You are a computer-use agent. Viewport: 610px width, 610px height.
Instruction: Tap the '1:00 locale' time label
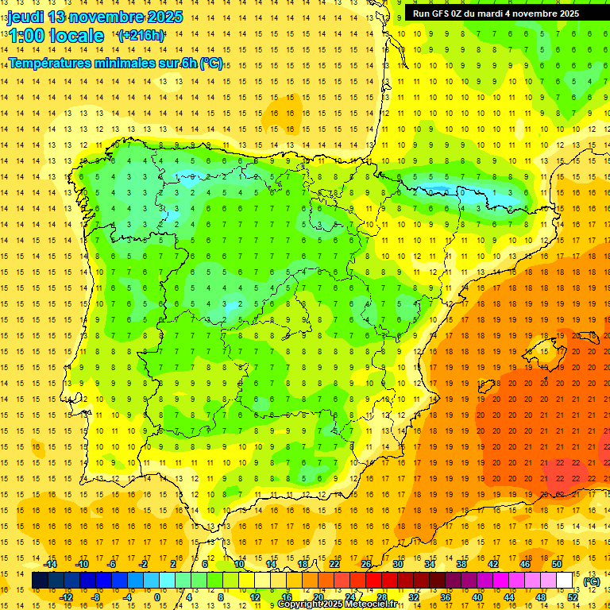coord(56,36)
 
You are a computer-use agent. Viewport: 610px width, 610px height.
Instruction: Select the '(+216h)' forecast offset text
coord(141,36)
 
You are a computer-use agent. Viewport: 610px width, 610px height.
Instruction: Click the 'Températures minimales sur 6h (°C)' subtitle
coord(116,64)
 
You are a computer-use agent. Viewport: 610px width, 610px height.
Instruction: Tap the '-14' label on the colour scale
coord(51,564)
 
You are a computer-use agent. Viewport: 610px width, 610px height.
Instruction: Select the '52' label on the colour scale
coord(573,597)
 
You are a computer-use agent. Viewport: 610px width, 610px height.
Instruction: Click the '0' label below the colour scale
coord(157,597)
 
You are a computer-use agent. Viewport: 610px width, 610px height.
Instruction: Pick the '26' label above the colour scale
coord(366,564)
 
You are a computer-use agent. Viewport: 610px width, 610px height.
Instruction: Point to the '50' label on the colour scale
coord(557,564)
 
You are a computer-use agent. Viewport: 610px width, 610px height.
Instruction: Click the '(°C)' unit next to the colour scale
coord(592,581)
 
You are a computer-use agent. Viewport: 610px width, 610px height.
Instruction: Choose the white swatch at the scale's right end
coord(565,581)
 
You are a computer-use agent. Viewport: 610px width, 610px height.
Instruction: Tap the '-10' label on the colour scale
coord(82,564)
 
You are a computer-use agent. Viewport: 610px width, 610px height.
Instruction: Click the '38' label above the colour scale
coord(461,564)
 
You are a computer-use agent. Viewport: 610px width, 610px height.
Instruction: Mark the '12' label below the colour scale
coord(255,597)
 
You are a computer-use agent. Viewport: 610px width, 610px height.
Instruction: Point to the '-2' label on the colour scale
coord(145,564)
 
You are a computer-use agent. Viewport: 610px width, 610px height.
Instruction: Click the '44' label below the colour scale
coord(509,597)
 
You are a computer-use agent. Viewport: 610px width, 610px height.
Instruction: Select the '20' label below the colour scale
coord(319,597)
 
